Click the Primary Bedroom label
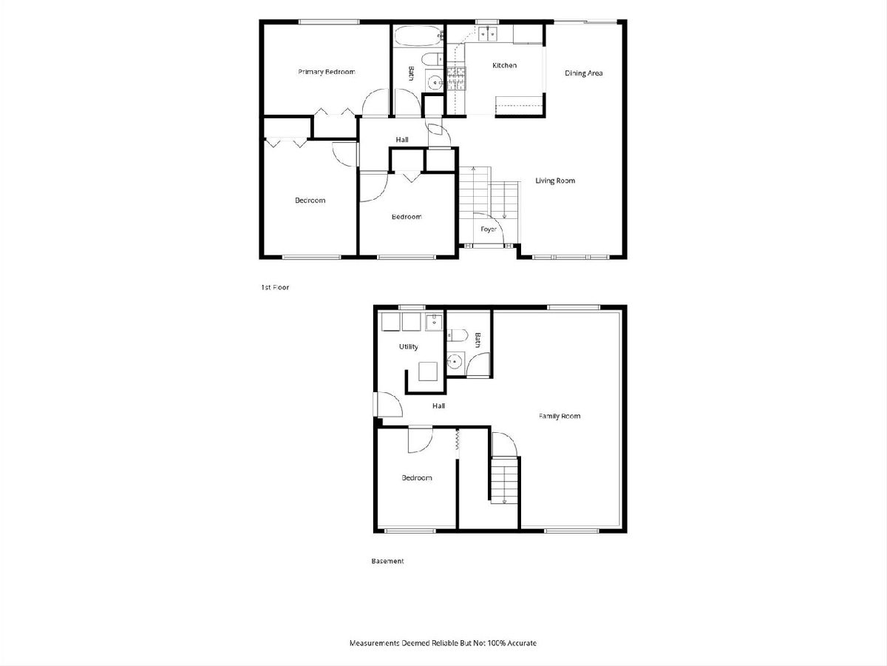pos(327,72)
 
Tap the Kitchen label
pos(504,65)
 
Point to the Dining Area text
pos(583,73)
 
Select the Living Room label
pos(555,181)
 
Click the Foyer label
pos(489,229)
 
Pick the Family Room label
pos(560,416)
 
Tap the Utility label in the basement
pos(409,346)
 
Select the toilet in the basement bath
pos(457,335)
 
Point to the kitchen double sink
pos(488,34)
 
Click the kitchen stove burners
pos(456,78)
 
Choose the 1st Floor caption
pos(275,288)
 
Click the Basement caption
pos(387,561)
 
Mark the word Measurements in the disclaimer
pos(375,643)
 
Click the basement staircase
pos(504,480)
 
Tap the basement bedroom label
pos(417,478)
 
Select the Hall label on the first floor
pos(402,140)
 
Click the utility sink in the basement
pos(434,323)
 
